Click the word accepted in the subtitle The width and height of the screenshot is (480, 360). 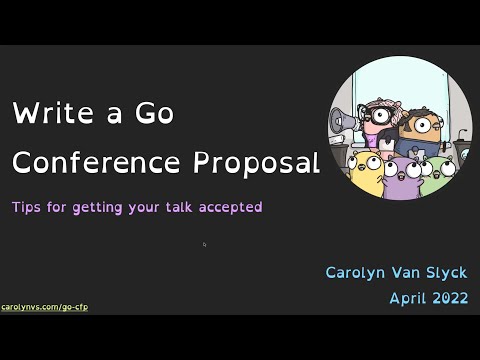229,207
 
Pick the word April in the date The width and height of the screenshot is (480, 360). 411,298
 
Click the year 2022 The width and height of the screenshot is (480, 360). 450,298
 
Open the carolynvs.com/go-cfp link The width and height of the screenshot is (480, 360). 44,307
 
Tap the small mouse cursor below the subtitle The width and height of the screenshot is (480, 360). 204,244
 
